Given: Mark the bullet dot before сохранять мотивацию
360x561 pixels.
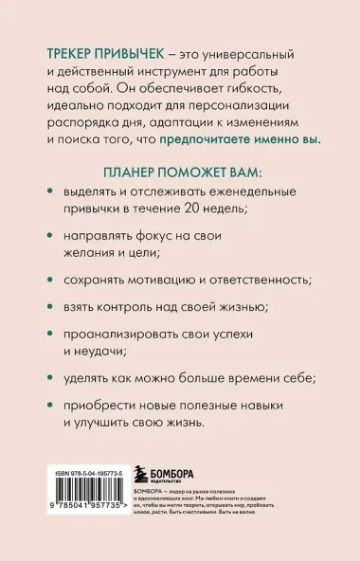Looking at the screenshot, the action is point(50,280).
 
